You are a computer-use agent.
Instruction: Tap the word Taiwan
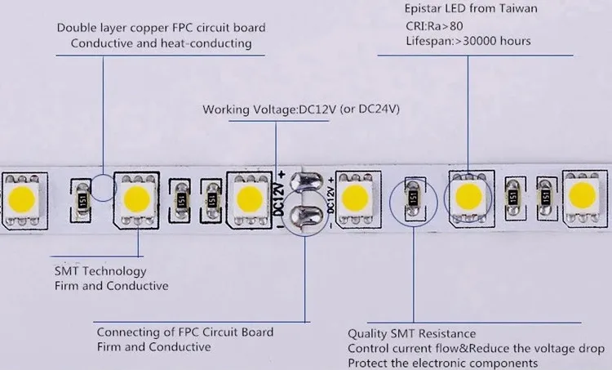[x=513, y=11]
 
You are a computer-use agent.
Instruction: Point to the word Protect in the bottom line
[x=368, y=363]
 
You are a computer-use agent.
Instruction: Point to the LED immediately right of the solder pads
[x=356, y=196]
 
